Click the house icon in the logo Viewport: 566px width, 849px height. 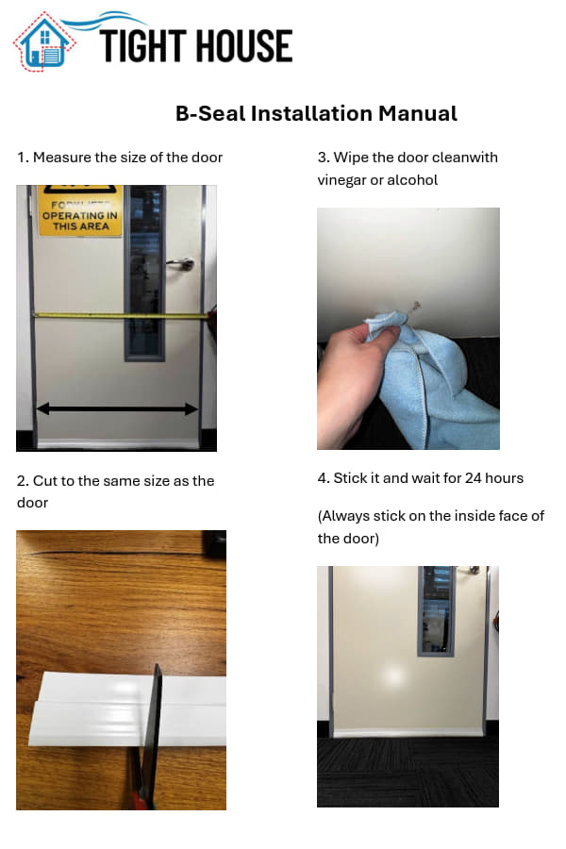(x=44, y=42)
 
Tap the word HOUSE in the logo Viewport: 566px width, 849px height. (x=244, y=46)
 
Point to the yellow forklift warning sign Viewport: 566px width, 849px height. (x=80, y=210)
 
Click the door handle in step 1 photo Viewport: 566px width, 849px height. (x=181, y=264)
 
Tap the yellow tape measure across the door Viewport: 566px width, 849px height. (x=120, y=314)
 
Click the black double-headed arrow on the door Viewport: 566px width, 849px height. (x=117, y=408)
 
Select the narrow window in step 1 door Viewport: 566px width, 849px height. (x=145, y=273)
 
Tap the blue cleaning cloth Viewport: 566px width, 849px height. (x=433, y=379)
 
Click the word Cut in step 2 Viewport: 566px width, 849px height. (x=42, y=481)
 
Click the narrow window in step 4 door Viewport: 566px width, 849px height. (x=437, y=610)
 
